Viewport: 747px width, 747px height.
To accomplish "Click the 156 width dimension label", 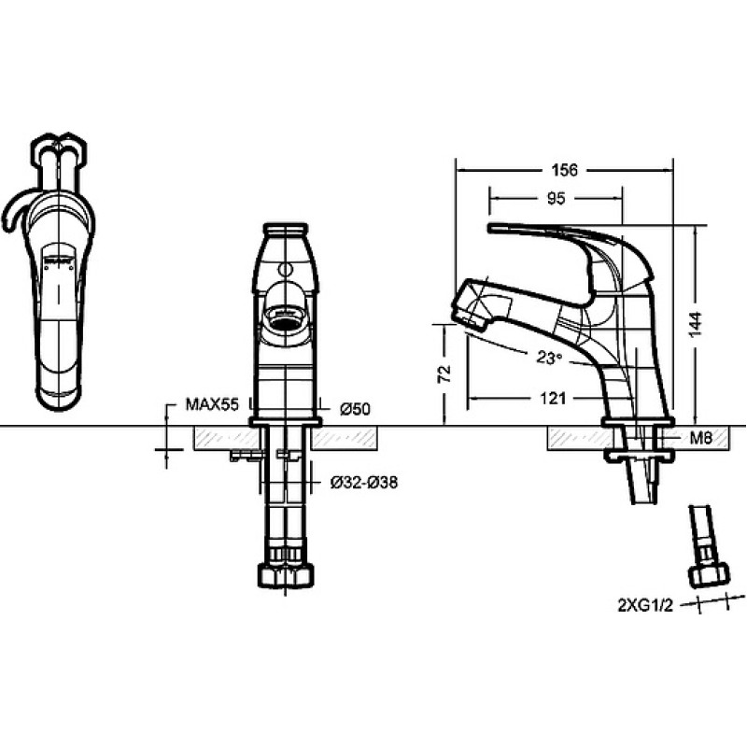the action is [565, 170].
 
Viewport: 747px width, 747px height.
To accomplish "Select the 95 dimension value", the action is [556, 198].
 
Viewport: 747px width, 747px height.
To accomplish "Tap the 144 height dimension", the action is [696, 323].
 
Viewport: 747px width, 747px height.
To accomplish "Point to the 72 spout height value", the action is [444, 374].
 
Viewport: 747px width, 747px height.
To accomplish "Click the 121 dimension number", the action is [553, 398].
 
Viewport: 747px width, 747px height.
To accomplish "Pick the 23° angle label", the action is [549, 357].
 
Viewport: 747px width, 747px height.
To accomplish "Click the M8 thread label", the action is [701, 437].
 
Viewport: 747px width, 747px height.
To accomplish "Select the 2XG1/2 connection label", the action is [645, 606].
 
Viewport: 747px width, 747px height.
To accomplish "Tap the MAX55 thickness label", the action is [212, 404].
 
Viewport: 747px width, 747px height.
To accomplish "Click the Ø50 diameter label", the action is [355, 409].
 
